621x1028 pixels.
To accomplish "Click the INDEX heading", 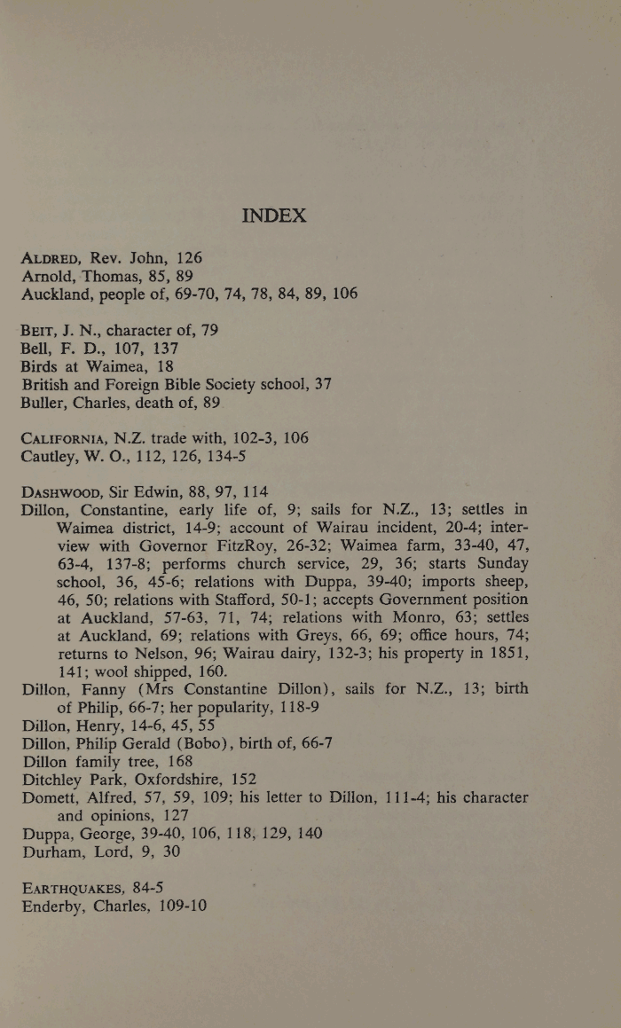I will (x=274, y=216).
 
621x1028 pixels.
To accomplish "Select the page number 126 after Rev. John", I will (x=189, y=258).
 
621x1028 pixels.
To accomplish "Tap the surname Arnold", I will (x=48, y=276).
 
